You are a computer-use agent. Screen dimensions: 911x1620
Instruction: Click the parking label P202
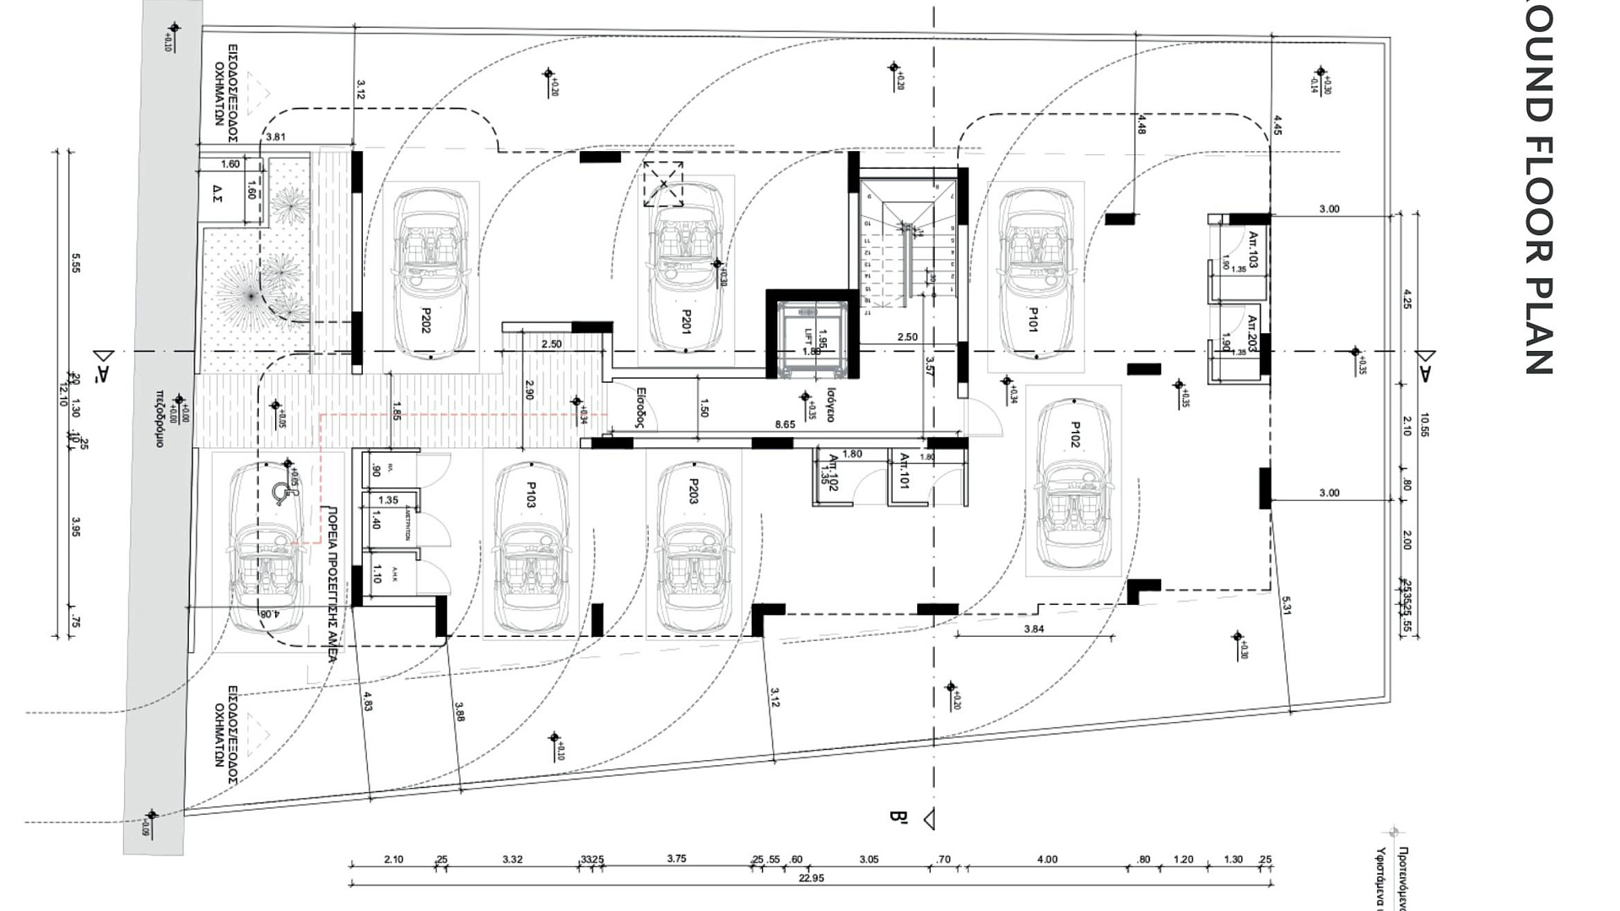tap(425, 321)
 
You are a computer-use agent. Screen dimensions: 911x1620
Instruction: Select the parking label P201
tap(686, 321)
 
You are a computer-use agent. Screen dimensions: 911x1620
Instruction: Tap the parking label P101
tap(1033, 320)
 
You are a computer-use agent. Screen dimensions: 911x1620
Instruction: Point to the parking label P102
tap(1075, 434)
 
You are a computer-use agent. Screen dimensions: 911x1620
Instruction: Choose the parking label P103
tap(532, 495)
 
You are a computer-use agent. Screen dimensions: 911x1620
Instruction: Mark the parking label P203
tap(694, 492)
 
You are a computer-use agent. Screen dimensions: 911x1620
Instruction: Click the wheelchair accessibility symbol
tap(280, 493)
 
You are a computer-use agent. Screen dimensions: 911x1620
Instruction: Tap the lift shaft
tap(812, 338)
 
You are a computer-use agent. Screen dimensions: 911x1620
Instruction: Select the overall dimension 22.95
tap(811, 878)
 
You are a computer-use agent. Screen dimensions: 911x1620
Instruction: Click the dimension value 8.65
tap(785, 424)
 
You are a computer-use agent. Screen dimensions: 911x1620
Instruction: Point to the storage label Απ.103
tap(1253, 250)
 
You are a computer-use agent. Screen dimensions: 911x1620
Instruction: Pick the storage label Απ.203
tap(1252, 334)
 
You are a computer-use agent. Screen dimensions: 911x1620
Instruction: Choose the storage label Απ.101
tap(904, 471)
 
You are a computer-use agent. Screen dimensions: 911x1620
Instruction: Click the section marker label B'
tap(898, 817)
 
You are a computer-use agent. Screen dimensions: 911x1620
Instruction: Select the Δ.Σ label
tap(216, 195)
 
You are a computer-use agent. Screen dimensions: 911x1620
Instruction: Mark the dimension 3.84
tap(1034, 629)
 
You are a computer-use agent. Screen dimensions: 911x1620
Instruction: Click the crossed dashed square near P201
tap(663, 184)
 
